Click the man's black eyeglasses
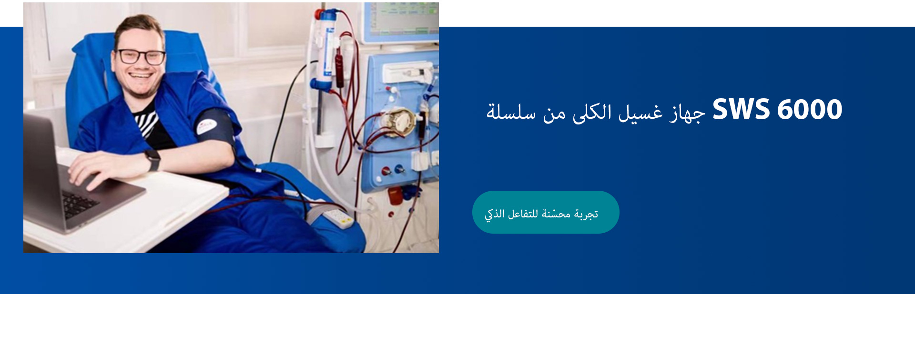[x=142, y=57]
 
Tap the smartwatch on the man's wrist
[x=152, y=160]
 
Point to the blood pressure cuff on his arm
[x=215, y=129]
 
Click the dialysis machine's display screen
[x=401, y=19]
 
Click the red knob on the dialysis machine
[x=386, y=170]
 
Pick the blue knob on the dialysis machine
[x=400, y=168]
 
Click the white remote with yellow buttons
[x=338, y=218]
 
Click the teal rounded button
[x=546, y=212]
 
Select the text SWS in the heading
[x=741, y=110]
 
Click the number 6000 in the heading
[x=810, y=110]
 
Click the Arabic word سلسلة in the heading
[x=511, y=112]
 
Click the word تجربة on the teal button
[x=586, y=214]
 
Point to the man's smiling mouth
[x=141, y=75]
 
